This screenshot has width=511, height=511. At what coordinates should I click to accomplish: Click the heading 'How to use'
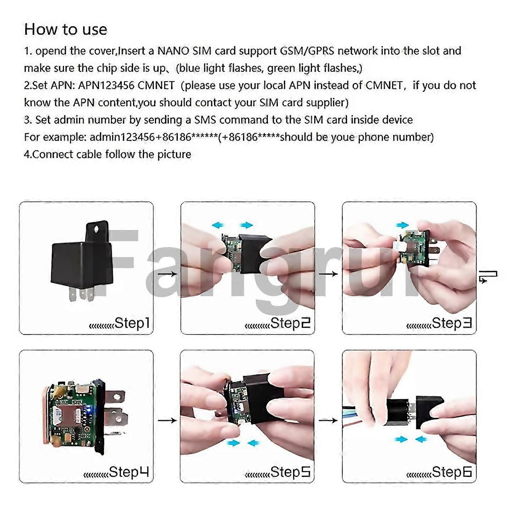coord(66,29)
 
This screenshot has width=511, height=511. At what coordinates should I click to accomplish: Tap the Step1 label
coord(132,323)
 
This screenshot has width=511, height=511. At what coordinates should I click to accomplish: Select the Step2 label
coord(290,323)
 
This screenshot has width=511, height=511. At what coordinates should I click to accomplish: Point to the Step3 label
coord(452,323)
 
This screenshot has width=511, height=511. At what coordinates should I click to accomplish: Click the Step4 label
coord(129,472)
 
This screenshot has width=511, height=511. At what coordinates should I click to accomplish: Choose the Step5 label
coord(290,472)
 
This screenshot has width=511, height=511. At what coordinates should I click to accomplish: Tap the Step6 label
coord(452,472)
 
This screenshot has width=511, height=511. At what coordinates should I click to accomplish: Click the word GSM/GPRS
coord(307,51)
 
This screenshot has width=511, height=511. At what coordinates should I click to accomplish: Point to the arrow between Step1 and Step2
coord(167,274)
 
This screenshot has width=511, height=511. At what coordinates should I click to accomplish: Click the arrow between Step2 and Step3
coord(328,274)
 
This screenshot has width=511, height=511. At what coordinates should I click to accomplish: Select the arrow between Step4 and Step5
coord(167,420)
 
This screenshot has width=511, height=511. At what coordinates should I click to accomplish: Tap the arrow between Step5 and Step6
coord(328,420)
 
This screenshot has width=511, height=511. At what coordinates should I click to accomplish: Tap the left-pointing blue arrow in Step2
coord(218,225)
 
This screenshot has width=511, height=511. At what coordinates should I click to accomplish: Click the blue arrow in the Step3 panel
coord(402,225)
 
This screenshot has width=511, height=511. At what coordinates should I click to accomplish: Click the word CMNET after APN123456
coord(156,86)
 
